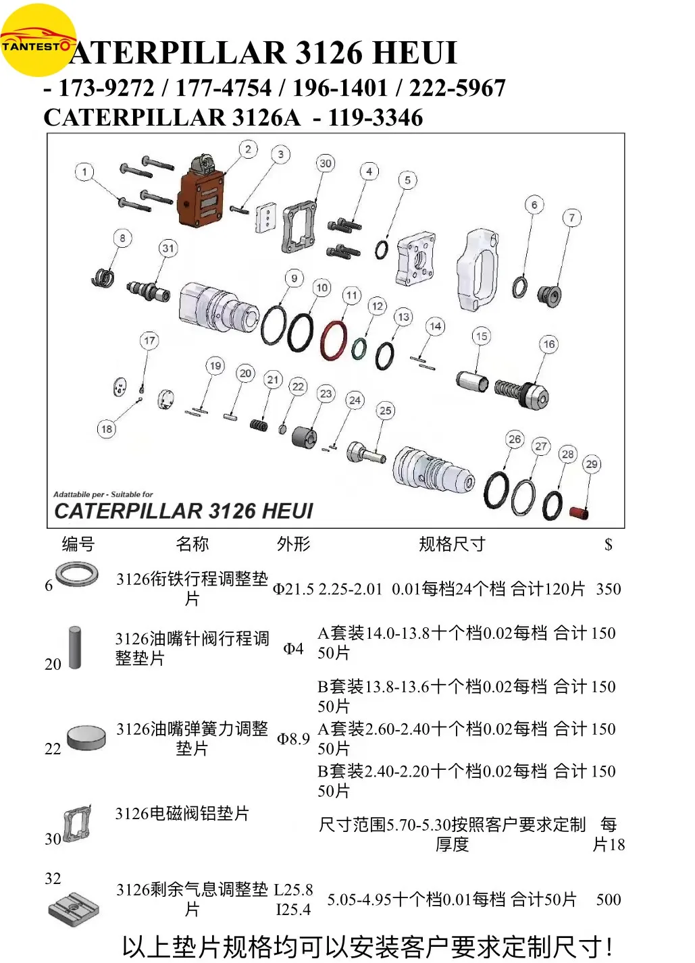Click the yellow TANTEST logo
pos(38,41)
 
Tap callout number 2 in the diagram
pos(248,149)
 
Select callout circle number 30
pos(326,163)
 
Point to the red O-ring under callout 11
pos(334,340)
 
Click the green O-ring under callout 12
pos(359,348)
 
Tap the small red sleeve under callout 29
pos(579,512)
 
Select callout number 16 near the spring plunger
pos(548,344)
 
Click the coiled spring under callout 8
pos(103,277)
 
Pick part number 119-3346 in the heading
pos(375,118)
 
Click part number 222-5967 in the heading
pos(457,88)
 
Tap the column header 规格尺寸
pos(452,544)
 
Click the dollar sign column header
pos(608,544)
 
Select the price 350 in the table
pos(608,589)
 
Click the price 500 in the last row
pos(608,900)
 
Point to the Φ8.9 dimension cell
pos(293,739)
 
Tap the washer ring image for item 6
pos(77,575)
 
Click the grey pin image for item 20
pos(75,648)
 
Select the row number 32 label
pos(53,878)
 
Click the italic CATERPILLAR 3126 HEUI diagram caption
pos(184,511)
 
